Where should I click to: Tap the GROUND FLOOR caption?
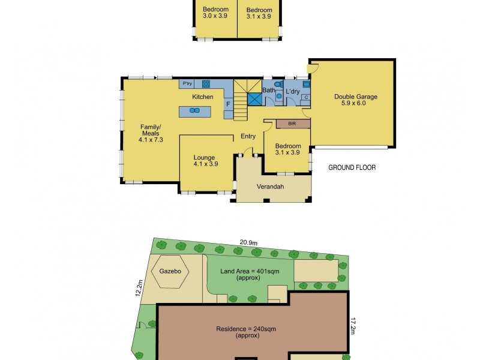point(352,167)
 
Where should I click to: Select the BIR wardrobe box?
point(293,124)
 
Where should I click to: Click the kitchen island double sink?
point(194,110)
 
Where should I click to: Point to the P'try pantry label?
point(187,83)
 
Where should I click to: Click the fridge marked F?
point(229,104)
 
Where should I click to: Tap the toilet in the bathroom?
point(278,84)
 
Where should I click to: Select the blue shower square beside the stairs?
point(254,99)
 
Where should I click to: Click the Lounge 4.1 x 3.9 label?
point(206,161)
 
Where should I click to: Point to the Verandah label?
point(271,187)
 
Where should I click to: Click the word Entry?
point(248,136)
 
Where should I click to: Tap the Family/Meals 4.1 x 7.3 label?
point(151,133)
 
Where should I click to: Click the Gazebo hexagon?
point(170,271)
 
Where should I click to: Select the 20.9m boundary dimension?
point(248,242)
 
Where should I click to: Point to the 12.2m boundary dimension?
point(139,288)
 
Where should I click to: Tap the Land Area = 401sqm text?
point(250,271)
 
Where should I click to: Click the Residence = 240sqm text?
point(246,329)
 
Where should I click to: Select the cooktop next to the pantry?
point(206,83)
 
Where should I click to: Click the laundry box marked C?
point(306,97)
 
